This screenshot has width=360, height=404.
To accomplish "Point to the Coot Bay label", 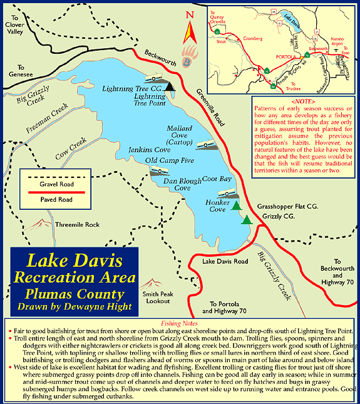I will [x=217, y=179].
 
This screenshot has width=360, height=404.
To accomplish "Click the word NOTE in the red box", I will [x=303, y=100].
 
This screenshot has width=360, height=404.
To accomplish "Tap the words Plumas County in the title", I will [x=75, y=293].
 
